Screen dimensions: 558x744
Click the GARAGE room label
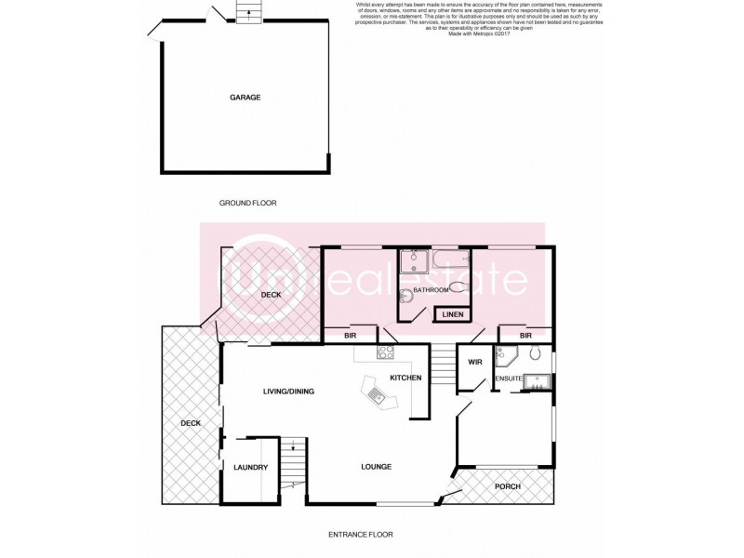point(246,97)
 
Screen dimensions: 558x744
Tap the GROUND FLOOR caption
point(248,203)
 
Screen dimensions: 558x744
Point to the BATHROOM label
point(432,290)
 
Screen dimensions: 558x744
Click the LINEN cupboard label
point(453,315)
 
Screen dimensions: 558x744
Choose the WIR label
point(474,362)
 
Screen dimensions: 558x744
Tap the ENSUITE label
point(509,379)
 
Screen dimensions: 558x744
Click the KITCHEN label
point(405,378)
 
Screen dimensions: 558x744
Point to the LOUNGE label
point(377,466)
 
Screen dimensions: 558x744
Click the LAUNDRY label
point(251,467)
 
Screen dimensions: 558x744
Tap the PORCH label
point(507,486)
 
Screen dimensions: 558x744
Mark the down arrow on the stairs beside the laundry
point(293,448)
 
